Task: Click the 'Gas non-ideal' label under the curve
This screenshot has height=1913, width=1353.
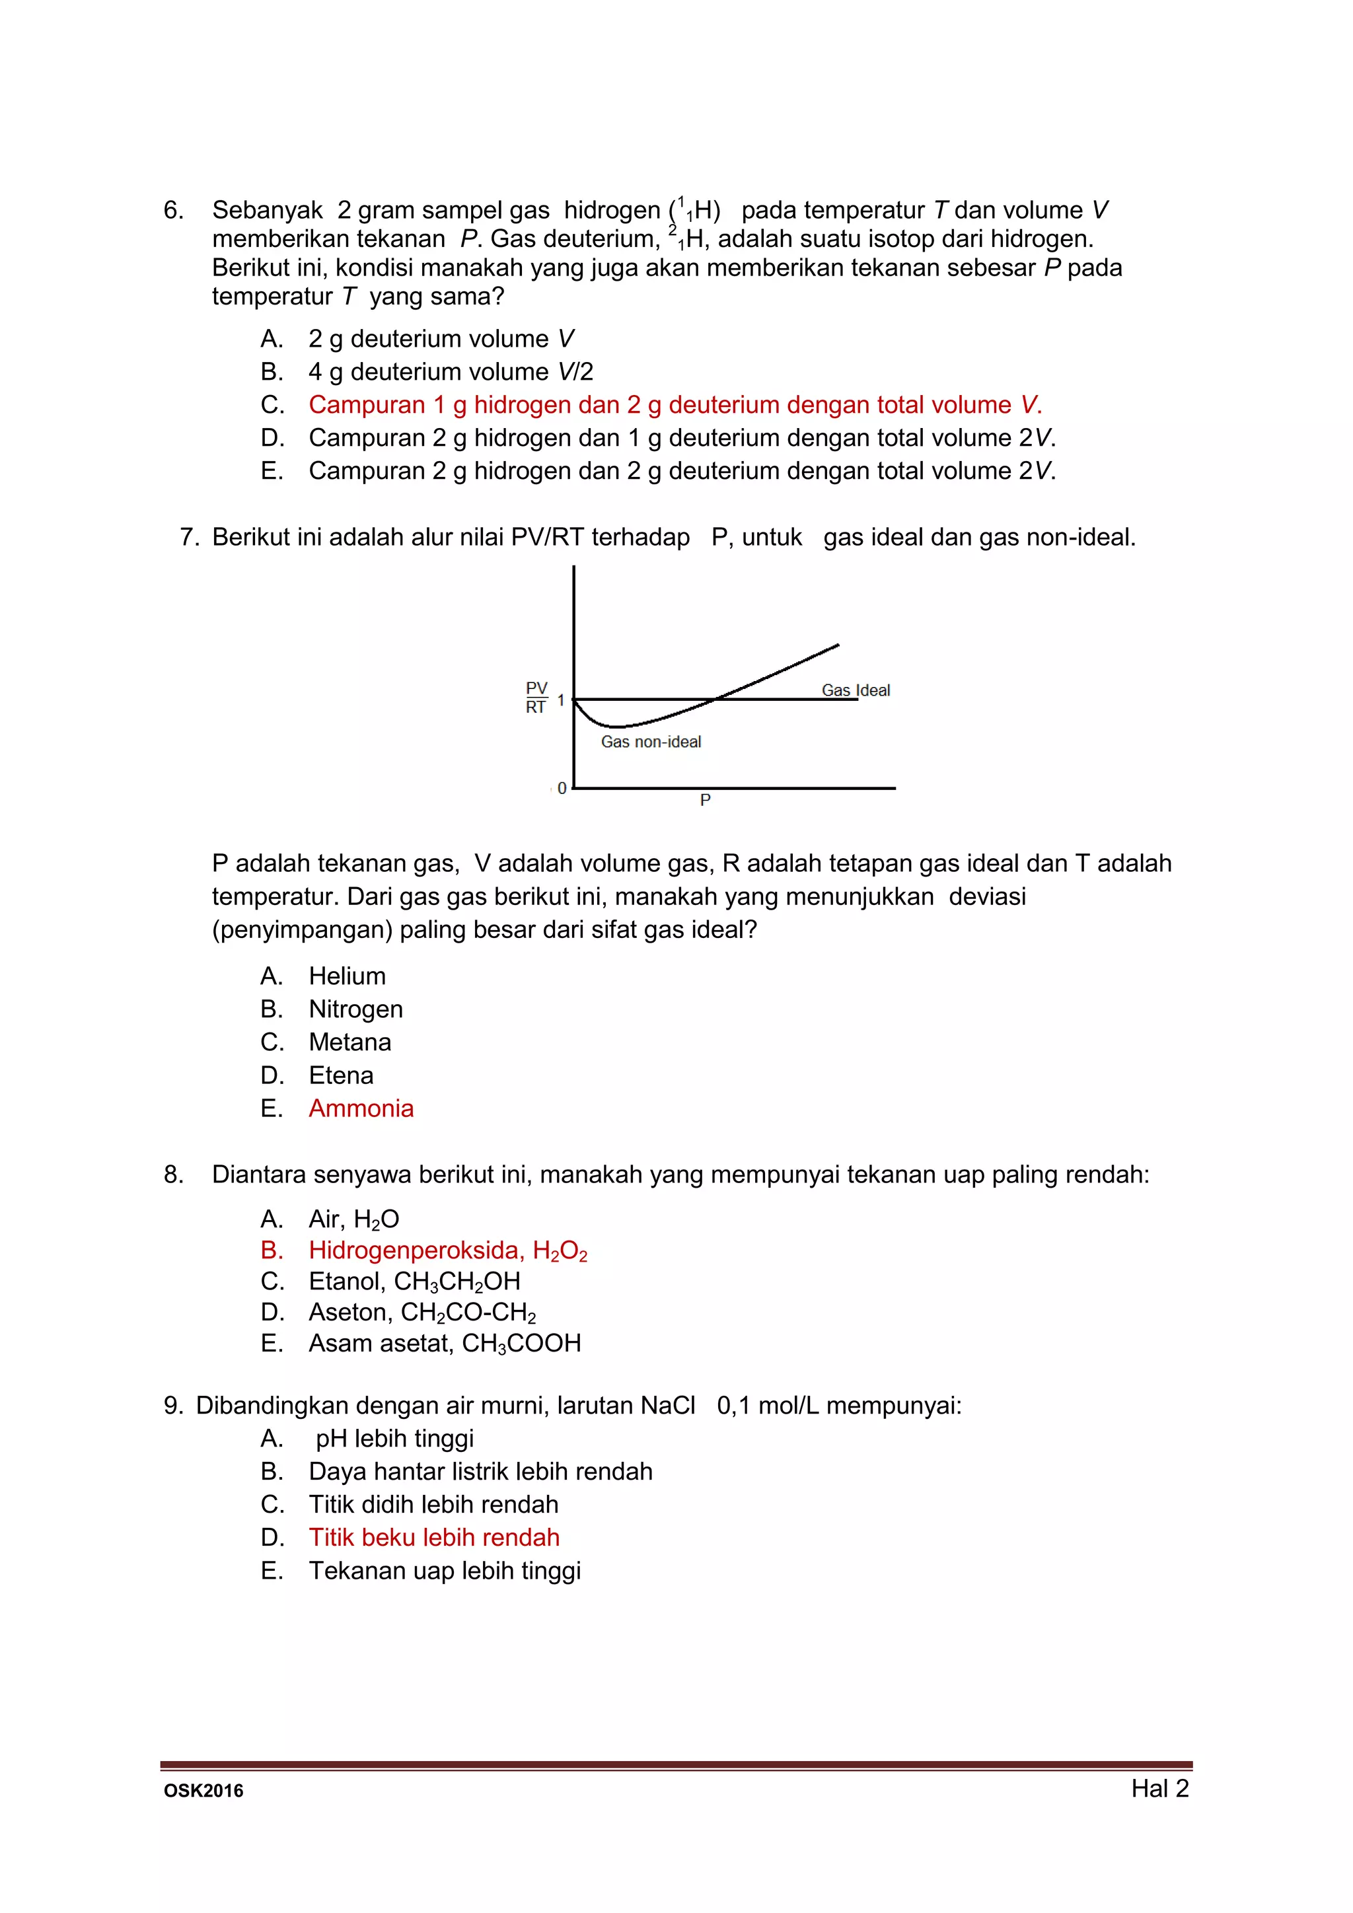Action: (x=651, y=742)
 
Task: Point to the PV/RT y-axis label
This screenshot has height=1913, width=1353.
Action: (x=536, y=698)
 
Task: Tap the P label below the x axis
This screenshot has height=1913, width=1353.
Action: (x=705, y=800)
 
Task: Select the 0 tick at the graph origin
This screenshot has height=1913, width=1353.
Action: (x=562, y=788)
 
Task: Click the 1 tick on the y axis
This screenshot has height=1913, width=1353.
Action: (x=561, y=700)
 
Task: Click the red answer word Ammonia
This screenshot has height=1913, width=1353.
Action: (x=361, y=1108)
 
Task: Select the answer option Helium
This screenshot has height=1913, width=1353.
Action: (x=347, y=976)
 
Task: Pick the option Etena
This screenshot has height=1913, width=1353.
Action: (x=341, y=1075)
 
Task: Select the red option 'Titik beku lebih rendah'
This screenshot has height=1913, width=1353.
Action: (x=433, y=1537)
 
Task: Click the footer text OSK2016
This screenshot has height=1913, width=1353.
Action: (x=203, y=1791)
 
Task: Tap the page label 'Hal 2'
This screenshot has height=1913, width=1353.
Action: (x=1159, y=1788)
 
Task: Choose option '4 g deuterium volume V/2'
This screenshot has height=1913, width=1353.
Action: (x=450, y=372)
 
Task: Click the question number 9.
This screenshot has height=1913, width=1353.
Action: (x=172, y=1406)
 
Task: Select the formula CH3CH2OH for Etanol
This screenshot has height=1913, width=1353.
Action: (x=457, y=1281)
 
